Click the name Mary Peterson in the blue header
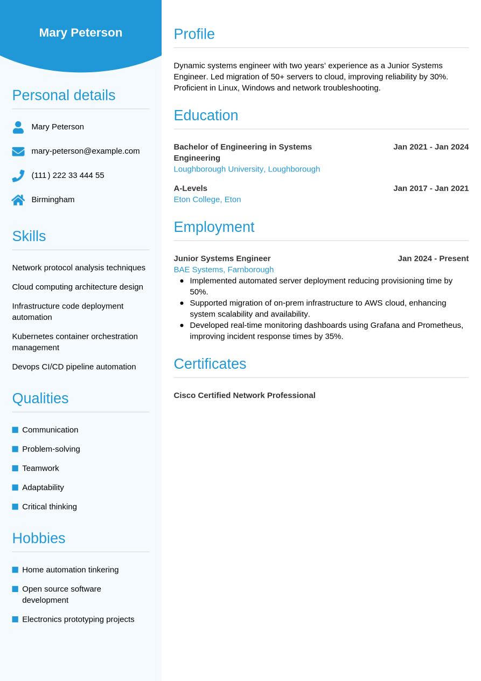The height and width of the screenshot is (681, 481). coord(81,32)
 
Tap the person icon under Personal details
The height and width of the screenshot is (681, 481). coord(18,127)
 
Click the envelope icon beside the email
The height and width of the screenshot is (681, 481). coord(18,152)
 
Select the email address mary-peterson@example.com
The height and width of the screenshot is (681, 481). coord(85,151)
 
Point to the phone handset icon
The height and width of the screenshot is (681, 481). coord(18,176)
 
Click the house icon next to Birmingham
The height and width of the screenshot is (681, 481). coord(18,200)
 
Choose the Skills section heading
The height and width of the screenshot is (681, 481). coord(29,236)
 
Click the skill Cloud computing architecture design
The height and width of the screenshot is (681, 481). coord(78,287)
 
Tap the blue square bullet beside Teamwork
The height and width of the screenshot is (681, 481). coord(15,468)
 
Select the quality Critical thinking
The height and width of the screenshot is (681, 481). coord(50,506)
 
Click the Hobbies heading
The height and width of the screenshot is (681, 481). coord(39,538)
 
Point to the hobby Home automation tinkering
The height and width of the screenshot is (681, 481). coord(70,569)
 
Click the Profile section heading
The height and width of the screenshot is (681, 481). coord(194,34)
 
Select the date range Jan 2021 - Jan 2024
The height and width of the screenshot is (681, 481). coord(431,147)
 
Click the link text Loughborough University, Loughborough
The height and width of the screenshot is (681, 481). coord(247,169)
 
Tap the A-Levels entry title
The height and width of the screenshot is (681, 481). coord(190,188)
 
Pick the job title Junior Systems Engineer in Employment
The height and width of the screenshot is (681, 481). coord(222,258)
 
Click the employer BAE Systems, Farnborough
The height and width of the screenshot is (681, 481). coord(224,270)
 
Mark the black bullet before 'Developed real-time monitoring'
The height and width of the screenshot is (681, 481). coord(182,325)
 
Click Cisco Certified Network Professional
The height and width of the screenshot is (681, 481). coord(245,395)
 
